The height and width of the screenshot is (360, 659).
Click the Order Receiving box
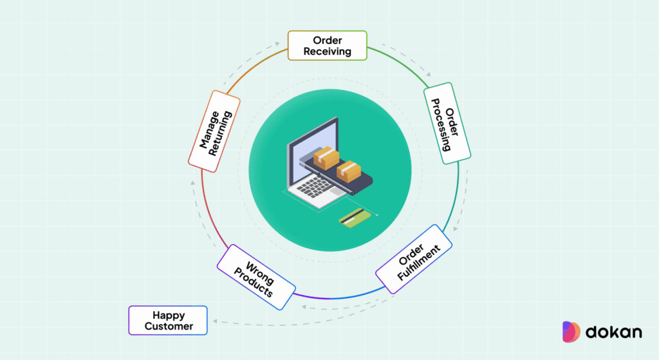328,45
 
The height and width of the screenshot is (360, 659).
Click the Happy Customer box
169,320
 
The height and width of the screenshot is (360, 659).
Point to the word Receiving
328,51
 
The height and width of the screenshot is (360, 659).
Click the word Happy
169,315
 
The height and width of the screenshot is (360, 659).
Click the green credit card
355,218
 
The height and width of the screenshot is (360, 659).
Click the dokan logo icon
571,331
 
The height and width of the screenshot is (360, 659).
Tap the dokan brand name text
613,332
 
